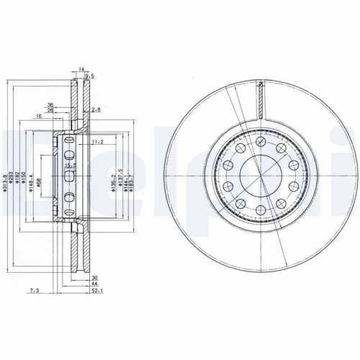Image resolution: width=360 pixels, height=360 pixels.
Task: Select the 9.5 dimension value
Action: [90, 76]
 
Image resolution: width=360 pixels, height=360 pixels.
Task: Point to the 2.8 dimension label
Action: [96, 109]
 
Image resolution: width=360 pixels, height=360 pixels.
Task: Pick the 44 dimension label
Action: [94, 284]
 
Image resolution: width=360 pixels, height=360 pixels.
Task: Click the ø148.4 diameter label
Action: [32, 184]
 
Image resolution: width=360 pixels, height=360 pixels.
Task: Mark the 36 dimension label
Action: [50, 105]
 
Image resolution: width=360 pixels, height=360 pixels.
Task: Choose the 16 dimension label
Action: [37, 115]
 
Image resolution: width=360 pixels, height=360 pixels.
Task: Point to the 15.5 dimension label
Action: [69, 166]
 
